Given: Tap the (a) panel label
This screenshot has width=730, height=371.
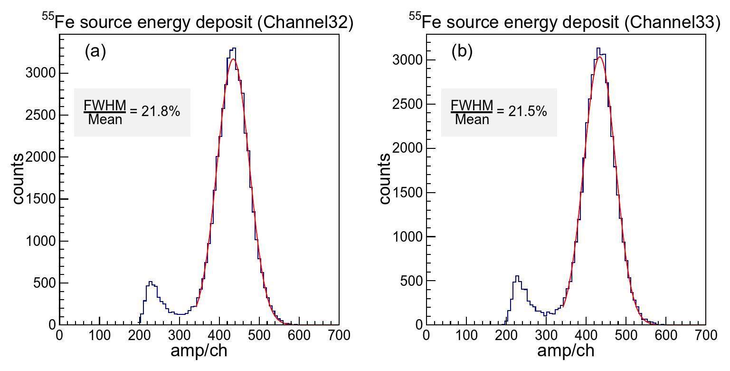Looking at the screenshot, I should pos(95,51).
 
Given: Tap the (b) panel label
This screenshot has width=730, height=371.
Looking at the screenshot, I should pos(462,51).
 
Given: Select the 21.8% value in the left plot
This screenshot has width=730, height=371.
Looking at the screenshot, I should pos(161,111).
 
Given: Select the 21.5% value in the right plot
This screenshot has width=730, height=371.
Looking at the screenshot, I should pos(528,111).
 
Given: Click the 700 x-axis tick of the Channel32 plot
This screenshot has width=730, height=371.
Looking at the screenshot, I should pos(338,335).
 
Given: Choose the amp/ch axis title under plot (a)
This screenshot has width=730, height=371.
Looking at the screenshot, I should pos(199,351).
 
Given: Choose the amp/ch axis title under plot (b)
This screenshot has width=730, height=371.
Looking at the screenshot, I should pos(566,351).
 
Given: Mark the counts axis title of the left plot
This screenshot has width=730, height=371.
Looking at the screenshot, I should pos(18,178).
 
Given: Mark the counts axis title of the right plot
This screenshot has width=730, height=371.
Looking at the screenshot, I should pos(385,178).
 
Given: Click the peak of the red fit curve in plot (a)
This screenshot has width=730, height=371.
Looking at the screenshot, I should pos(232,59).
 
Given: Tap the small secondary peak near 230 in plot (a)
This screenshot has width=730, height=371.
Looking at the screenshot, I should pos(151,282).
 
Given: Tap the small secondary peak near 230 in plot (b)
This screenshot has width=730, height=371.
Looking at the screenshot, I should pos(517,276).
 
